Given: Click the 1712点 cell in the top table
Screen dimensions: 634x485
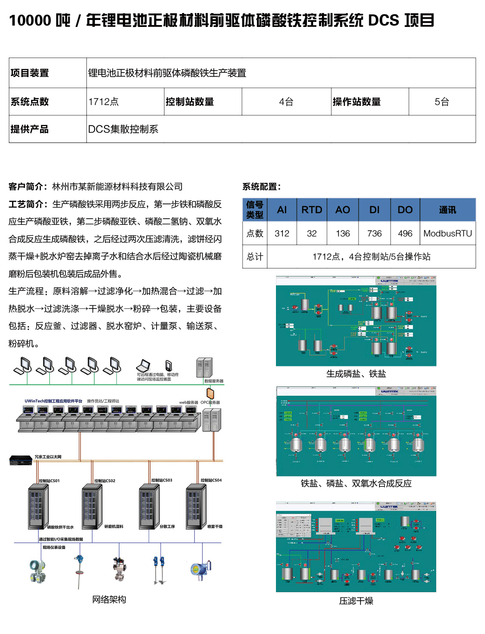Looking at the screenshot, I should pos(104,102).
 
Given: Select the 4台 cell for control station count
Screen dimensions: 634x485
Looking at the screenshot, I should pos(286,102).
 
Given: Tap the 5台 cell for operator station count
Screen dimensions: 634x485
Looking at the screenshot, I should pos(442,102).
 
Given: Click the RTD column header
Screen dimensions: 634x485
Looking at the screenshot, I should pos(312,209).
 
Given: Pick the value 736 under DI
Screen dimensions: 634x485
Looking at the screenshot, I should pos(374,233).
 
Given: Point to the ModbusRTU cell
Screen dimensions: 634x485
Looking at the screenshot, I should pos(447,233).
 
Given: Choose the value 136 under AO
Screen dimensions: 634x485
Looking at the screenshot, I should pos(343,233).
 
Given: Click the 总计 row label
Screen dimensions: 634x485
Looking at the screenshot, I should pos(255,256).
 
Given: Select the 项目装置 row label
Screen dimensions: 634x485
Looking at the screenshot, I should pos(30,73).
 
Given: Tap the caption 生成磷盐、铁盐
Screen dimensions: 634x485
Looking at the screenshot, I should pos(356,374).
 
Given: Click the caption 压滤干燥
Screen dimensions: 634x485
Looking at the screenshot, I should pos(356,601).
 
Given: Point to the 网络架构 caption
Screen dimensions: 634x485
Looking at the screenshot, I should pos(109,600).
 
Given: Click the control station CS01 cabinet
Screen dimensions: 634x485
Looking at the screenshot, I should pos(39,507).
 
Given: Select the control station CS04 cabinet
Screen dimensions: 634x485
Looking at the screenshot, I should pos(196,507).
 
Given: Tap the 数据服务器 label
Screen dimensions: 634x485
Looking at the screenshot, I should pos(214,381).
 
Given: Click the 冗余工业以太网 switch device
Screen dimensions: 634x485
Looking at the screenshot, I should pos(20,460).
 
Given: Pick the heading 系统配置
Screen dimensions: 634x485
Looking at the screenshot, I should pos(261,187).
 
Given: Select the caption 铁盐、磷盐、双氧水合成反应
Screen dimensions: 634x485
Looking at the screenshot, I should pos(356,484).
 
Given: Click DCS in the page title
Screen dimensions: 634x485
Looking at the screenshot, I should pos(383,20).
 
